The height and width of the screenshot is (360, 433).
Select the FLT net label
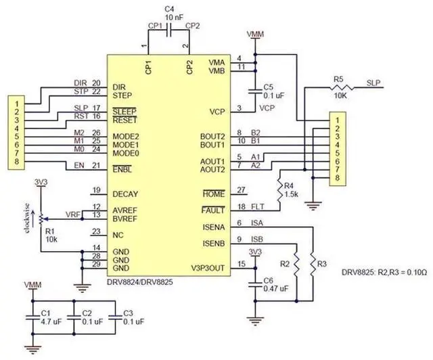[x=258, y=206]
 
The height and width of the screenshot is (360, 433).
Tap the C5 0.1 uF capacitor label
[x=273, y=91]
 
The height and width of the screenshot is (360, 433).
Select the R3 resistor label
[x=321, y=263]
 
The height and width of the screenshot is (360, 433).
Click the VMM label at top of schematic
[x=256, y=34]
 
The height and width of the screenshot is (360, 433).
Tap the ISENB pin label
[x=212, y=240]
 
